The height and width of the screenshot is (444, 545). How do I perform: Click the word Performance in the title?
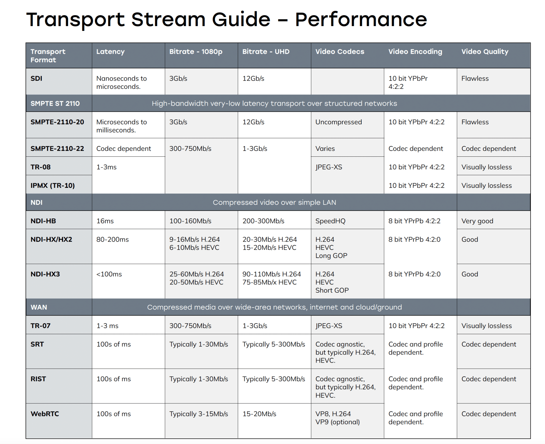tap(361, 19)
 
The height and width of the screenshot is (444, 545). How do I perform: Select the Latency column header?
tap(110, 52)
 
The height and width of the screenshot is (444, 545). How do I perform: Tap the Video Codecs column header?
tap(340, 52)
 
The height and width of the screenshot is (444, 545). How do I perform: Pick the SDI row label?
tap(36, 78)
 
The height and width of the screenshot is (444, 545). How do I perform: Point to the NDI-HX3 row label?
tap(45, 274)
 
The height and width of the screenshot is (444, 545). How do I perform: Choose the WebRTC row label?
tap(45, 414)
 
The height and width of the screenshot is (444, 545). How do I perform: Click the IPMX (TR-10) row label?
tap(53, 185)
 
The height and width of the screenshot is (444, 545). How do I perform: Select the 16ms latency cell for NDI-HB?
tap(105, 221)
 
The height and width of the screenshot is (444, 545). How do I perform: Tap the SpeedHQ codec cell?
tap(331, 221)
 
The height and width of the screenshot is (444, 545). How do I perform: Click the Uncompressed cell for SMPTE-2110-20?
tap(339, 122)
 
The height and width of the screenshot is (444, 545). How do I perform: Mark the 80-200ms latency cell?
tap(113, 239)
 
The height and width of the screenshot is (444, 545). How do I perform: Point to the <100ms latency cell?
tap(109, 274)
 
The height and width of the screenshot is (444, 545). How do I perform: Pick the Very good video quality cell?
tap(477, 221)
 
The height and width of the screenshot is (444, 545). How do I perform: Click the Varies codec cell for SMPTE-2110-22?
tap(325, 148)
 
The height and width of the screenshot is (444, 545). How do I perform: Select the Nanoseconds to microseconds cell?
tap(122, 82)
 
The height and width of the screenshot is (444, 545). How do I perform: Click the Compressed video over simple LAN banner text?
tap(274, 202)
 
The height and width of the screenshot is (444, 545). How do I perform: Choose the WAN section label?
tap(39, 307)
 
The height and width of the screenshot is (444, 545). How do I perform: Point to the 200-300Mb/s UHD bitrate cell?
tap(263, 221)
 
